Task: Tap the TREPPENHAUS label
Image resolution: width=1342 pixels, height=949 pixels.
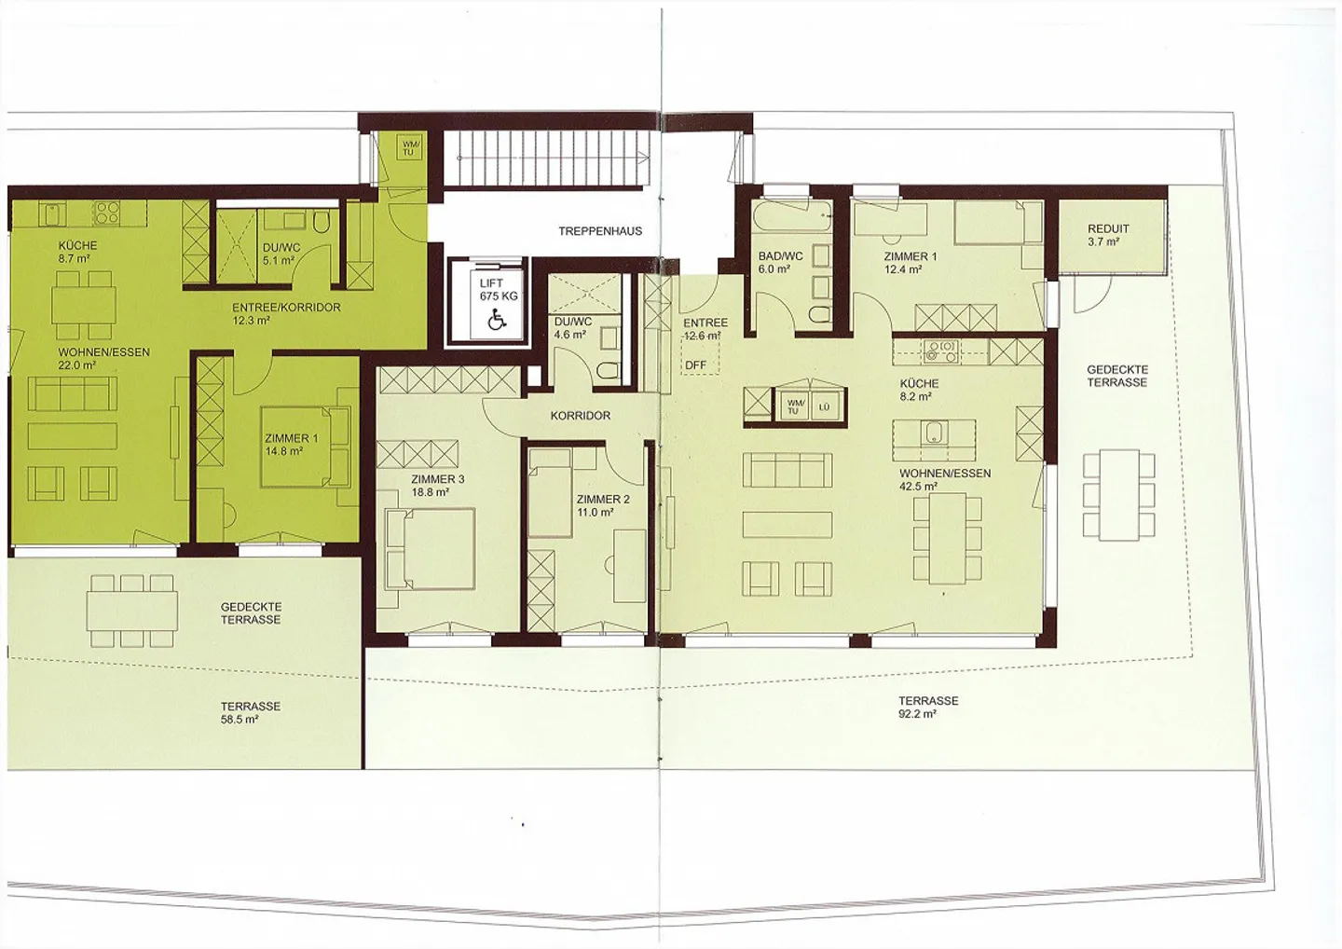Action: (x=600, y=231)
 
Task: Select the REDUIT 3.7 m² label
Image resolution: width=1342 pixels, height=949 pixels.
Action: (x=1108, y=235)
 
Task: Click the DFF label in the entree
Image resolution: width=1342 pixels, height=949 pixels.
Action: (x=695, y=365)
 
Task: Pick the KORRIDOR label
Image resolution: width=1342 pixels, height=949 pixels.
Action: (x=580, y=416)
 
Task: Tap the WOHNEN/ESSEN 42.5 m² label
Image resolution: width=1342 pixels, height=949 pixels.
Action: (x=945, y=479)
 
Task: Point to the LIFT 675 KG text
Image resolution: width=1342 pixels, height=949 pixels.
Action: (x=498, y=289)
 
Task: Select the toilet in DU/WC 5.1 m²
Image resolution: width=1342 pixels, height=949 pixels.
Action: (x=321, y=222)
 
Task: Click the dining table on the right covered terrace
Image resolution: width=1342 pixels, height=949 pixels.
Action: (x=1118, y=493)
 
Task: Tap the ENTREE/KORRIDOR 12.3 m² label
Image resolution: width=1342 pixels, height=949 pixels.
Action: (x=286, y=313)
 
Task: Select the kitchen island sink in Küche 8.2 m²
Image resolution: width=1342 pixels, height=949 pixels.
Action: (x=932, y=432)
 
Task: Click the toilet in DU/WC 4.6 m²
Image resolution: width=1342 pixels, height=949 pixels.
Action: (x=607, y=370)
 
